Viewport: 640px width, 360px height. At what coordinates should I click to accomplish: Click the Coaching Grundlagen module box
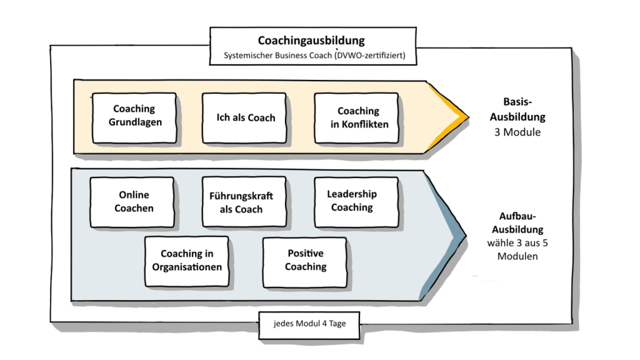pos(134,117)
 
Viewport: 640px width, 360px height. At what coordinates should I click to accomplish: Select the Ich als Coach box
pos(244,117)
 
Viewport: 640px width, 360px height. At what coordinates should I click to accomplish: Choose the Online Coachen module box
pos(133,201)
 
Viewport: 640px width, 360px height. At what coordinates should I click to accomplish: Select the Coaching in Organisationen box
pos(187,260)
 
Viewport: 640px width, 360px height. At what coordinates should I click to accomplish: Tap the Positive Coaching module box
pos(305,260)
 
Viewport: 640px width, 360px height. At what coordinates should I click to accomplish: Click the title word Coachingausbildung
pos(311,41)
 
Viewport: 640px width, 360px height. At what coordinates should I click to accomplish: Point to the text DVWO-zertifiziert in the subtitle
pos(371,56)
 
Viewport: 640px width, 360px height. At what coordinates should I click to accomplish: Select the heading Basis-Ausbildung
pos(524,109)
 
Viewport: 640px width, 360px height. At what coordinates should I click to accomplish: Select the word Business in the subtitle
pos(292,56)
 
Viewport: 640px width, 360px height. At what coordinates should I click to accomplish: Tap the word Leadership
pos(352,194)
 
